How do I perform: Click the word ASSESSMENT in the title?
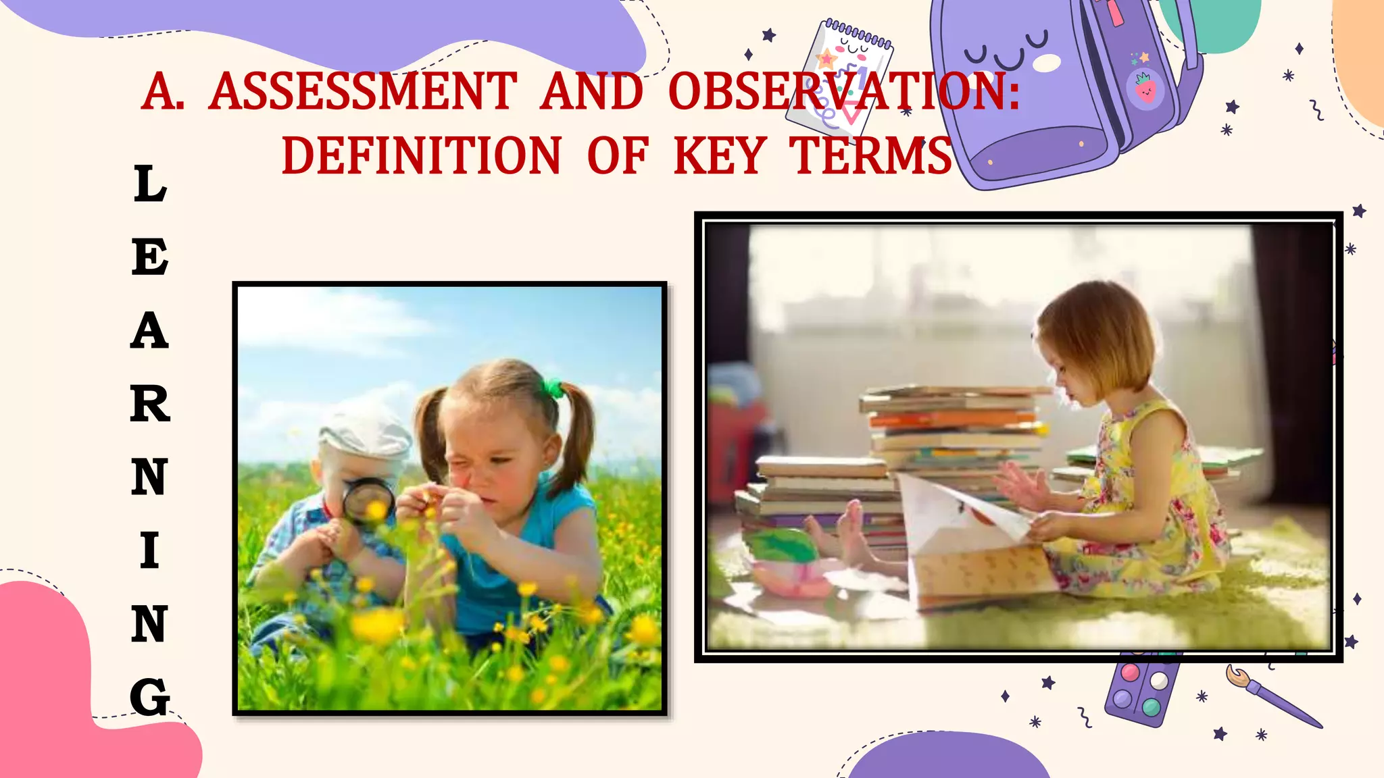click(x=363, y=92)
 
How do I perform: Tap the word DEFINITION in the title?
click(x=421, y=156)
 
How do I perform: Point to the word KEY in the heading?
click(x=720, y=156)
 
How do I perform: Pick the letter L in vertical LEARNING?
click(x=150, y=184)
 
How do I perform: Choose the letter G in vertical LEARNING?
click(x=149, y=696)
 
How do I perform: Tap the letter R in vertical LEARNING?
click(x=149, y=404)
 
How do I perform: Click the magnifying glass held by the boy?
click(x=367, y=500)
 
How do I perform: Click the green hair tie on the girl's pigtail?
click(x=553, y=387)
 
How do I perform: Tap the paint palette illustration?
click(x=1142, y=689)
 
